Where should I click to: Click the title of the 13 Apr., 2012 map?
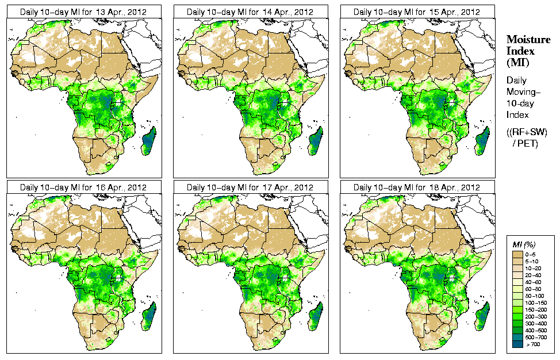point(83,12)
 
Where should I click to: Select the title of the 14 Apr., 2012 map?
point(250,12)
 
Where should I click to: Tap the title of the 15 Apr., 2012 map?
point(417,12)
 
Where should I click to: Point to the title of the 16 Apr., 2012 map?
point(83,187)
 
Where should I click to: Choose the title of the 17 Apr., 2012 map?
point(250,187)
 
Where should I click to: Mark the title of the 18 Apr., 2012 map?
point(417,187)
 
